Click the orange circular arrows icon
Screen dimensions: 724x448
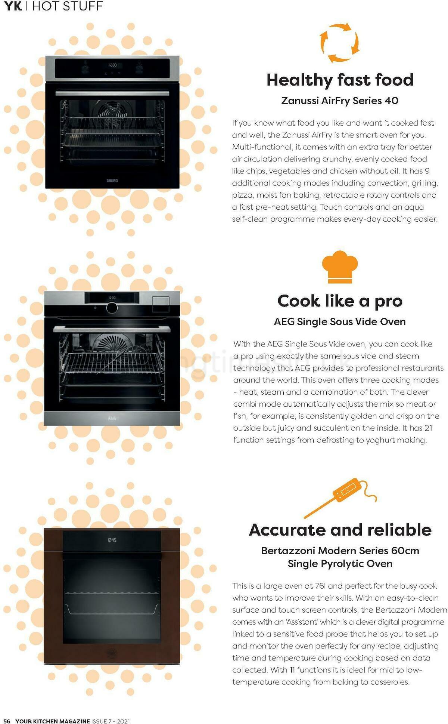pos(339,43)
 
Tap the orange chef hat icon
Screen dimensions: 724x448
pos(340,267)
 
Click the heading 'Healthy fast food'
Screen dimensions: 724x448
pos(340,80)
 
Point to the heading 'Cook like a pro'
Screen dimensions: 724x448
pos(340,301)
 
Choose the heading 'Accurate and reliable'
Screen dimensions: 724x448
pos(340,530)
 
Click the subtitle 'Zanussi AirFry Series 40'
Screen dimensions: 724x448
pos(340,101)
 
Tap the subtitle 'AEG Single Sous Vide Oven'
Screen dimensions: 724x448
pos(340,321)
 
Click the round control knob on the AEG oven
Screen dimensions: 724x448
pos(111,308)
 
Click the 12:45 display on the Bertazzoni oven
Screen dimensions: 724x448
pos(112,540)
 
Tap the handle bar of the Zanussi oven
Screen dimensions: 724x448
pos(112,93)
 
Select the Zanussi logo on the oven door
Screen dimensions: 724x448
pos(112,181)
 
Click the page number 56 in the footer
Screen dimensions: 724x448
pos(7,721)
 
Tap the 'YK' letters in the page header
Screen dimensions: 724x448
pos(13,6)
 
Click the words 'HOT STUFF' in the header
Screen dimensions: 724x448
pos(67,6)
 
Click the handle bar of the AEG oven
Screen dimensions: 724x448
pos(112,329)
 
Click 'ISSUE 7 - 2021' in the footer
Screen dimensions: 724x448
pos(111,721)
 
